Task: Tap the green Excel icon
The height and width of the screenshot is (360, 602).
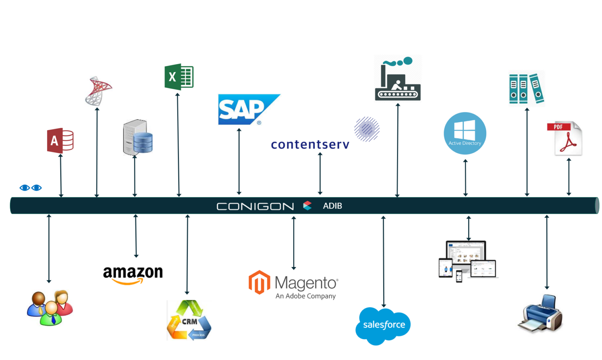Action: (x=179, y=77)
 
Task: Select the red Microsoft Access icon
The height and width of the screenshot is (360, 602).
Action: (x=60, y=140)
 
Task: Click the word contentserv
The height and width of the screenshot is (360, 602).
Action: (x=310, y=144)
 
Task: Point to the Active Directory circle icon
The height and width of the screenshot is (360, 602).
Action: (x=465, y=133)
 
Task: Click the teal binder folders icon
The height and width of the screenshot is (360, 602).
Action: (x=526, y=89)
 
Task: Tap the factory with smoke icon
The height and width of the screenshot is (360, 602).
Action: (x=397, y=80)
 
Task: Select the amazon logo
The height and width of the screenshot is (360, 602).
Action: (x=133, y=274)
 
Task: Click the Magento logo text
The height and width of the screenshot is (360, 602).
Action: (x=306, y=283)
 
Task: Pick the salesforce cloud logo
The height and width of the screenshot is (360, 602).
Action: (x=383, y=325)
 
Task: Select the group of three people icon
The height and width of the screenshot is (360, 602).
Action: (x=50, y=308)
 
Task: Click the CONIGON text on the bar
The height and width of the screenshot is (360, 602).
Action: (x=255, y=206)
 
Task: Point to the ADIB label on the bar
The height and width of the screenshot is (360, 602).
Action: (x=332, y=206)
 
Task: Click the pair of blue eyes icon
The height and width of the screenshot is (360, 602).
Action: (x=31, y=188)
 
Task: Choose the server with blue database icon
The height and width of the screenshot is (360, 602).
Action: (x=138, y=137)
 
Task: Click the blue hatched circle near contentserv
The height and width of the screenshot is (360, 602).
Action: (x=367, y=129)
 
